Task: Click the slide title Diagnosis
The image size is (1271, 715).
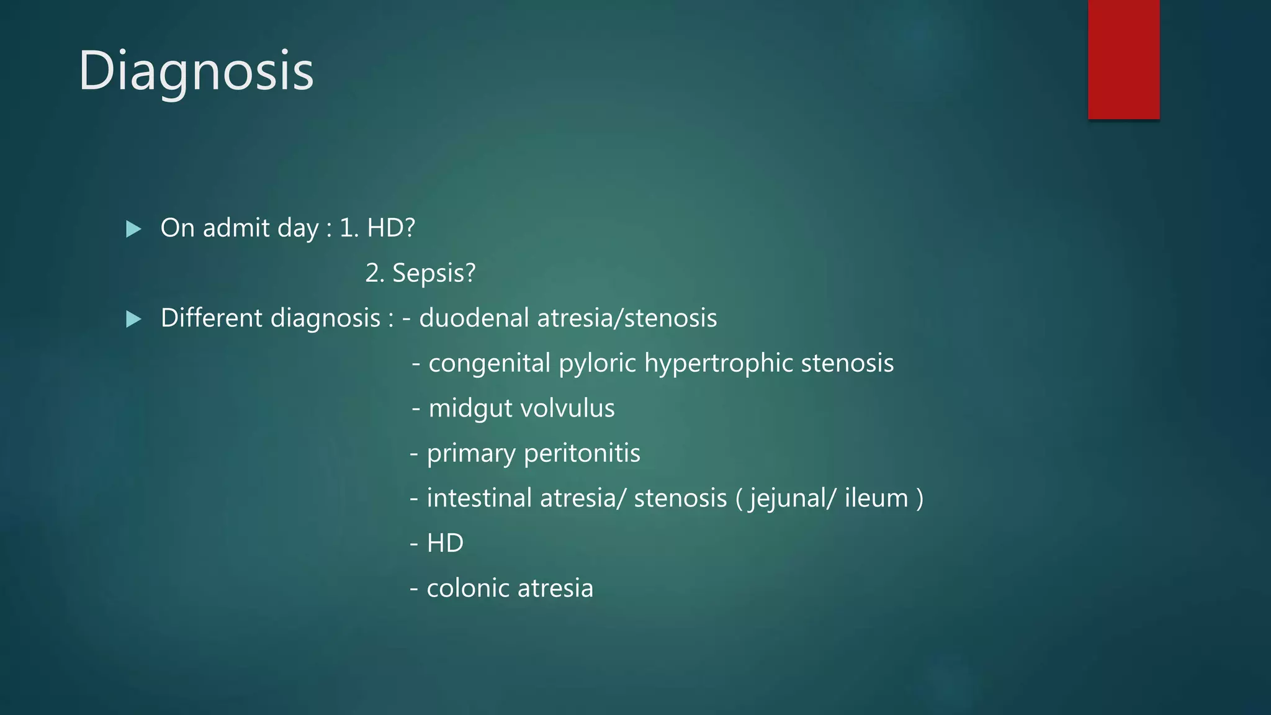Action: pos(196,71)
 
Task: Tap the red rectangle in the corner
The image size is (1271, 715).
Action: pos(1123,59)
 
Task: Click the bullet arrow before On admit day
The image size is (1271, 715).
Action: pos(133,229)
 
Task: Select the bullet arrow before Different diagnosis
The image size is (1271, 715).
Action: pos(133,319)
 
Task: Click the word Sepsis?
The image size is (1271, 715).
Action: pos(434,273)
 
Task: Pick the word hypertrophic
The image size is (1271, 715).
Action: pos(718,364)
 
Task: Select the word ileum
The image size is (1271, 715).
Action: pos(876,498)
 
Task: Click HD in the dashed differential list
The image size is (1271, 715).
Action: pos(445,544)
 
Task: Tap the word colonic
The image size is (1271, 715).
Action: pos(467,588)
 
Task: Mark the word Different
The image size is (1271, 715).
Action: pos(212,318)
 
